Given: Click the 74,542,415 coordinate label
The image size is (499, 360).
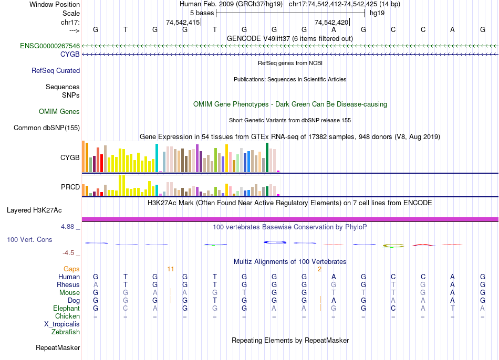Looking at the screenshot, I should (x=183, y=22).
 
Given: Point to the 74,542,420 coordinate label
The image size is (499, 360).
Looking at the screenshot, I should (x=331, y=22).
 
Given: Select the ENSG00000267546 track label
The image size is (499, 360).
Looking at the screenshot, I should (x=50, y=46).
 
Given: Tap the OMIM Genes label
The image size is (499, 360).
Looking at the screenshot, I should (x=59, y=111).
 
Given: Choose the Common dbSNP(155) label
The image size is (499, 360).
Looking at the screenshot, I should (x=47, y=128).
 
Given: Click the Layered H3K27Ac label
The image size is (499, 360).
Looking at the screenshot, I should (x=34, y=210).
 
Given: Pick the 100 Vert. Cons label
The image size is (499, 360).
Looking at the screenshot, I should (x=29, y=239).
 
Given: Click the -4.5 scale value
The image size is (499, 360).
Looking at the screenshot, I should (x=69, y=252).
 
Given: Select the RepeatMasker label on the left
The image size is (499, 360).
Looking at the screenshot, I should (x=58, y=347).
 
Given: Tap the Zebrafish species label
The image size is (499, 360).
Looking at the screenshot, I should (x=66, y=332).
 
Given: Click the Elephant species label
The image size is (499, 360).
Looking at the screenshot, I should (x=66, y=308).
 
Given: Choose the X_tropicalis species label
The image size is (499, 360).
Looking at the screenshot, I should (x=62, y=324).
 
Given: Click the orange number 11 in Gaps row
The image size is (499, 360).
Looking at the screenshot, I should (x=171, y=269).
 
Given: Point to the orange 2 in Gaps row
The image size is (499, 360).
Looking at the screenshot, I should (x=319, y=269).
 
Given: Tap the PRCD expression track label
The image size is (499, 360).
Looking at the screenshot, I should (x=70, y=187).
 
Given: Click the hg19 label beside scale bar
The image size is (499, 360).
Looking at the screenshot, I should (x=378, y=13).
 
